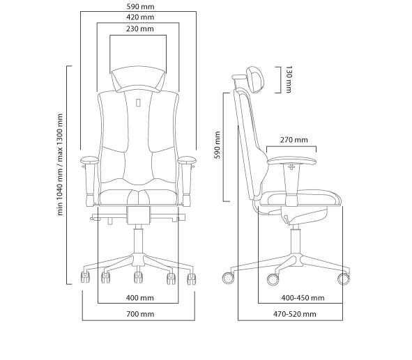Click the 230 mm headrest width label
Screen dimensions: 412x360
(140, 29)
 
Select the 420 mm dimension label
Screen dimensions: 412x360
(140, 17)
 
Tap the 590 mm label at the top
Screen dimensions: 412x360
(140, 6)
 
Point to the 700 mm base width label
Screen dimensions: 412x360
(140, 314)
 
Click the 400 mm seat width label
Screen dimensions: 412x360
(140, 298)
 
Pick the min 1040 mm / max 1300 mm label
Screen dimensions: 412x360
(60, 164)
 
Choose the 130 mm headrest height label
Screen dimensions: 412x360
(289, 79)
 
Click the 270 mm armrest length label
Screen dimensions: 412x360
(293, 140)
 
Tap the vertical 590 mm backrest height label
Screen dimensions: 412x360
(218, 145)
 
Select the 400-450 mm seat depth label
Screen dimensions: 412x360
(303, 298)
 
